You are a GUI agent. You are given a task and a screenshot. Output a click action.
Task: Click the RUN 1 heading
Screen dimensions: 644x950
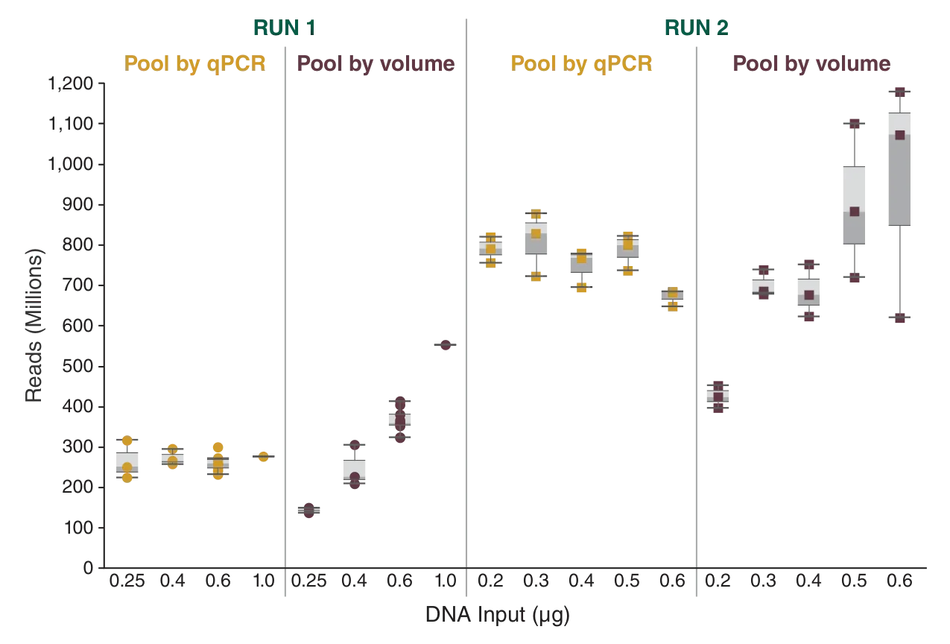(284, 28)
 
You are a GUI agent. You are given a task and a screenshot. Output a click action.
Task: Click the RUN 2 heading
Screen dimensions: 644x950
(697, 28)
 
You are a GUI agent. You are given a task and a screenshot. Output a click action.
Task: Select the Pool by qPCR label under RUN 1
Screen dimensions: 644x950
(195, 63)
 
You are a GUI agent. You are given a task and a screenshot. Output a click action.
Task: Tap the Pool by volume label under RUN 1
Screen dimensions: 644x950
(376, 63)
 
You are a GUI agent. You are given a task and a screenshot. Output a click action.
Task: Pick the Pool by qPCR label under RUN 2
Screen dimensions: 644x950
(580, 63)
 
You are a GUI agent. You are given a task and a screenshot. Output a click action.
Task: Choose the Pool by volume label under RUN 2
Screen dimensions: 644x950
(811, 63)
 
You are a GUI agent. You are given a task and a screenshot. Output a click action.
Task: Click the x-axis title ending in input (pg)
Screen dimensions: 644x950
(497, 614)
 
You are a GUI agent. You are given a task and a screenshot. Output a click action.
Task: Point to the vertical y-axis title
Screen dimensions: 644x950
(34, 325)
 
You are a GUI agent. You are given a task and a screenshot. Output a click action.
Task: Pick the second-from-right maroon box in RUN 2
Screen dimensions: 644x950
(855, 203)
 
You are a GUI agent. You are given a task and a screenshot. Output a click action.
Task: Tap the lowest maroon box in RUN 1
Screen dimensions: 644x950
(307, 511)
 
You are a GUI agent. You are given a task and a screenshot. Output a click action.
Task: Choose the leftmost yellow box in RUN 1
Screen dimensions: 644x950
(127, 464)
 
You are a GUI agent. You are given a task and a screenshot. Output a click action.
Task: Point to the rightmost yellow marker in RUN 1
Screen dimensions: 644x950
(263, 456)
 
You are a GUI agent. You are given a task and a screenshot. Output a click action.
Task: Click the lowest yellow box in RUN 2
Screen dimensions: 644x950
(673, 299)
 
